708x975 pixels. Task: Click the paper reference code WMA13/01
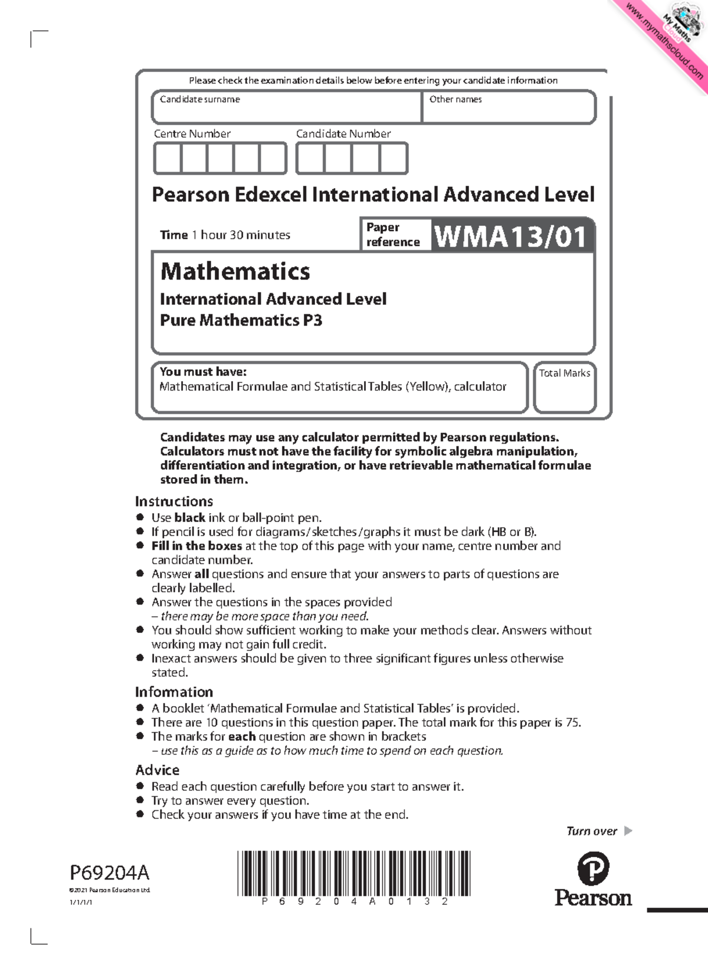[x=511, y=236]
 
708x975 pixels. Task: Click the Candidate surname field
[x=287, y=107]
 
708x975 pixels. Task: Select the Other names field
[x=509, y=107]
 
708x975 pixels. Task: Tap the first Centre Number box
[x=168, y=159]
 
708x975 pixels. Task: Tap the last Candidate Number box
[x=393, y=159]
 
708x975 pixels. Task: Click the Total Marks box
[x=565, y=392]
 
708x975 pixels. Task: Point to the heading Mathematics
[x=235, y=271]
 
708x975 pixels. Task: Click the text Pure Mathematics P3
[x=241, y=320]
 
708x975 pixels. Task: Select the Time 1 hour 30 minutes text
[x=225, y=235]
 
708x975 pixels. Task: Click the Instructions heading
[x=174, y=501]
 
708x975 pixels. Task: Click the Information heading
[x=174, y=692]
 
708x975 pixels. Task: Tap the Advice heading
[x=158, y=770]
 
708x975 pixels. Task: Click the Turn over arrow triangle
[x=628, y=831]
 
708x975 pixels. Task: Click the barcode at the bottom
[x=354, y=873]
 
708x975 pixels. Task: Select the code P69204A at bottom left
[x=110, y=872]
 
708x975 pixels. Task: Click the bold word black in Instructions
[x=189, y=518]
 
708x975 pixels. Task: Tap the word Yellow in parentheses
[x=427, y=387]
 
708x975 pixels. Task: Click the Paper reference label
[x=393, y=235]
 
